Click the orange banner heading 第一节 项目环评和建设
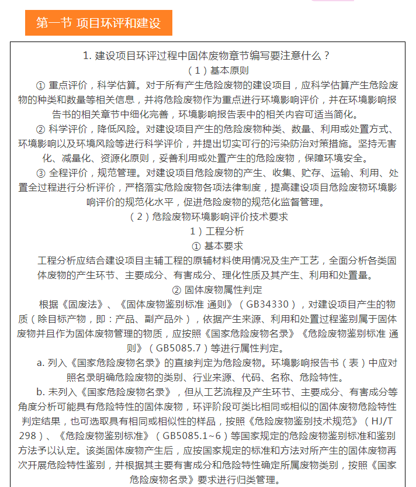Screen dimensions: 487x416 [98, 23]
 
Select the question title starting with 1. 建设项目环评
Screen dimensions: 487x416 [207, 56]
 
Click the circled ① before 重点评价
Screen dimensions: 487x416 [40, 85]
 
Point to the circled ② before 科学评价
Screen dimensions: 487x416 [40, 129]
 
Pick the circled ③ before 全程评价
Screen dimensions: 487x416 [40, 173]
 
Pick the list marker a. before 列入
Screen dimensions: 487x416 [40, 363]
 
